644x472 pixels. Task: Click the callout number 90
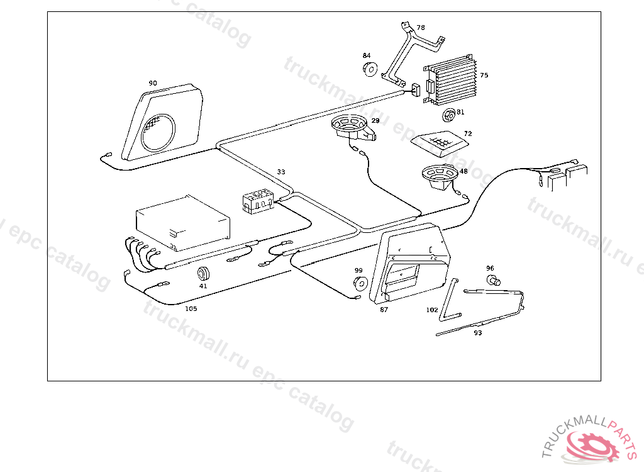point(153,83)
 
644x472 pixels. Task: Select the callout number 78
point(421,28)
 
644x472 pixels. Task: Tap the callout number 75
point(484,76)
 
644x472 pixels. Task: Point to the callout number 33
point(281,172)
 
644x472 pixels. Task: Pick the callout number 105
point(191,309)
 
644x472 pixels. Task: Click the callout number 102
point(432,310)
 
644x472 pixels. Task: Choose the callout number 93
point(478,333)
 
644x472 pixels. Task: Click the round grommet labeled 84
point(370,69)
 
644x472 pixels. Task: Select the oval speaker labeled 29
point(353,125)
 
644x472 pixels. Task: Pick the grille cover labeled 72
point(440,143)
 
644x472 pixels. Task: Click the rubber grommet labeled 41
point(203,274)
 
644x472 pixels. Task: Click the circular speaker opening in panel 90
point(158,132)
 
